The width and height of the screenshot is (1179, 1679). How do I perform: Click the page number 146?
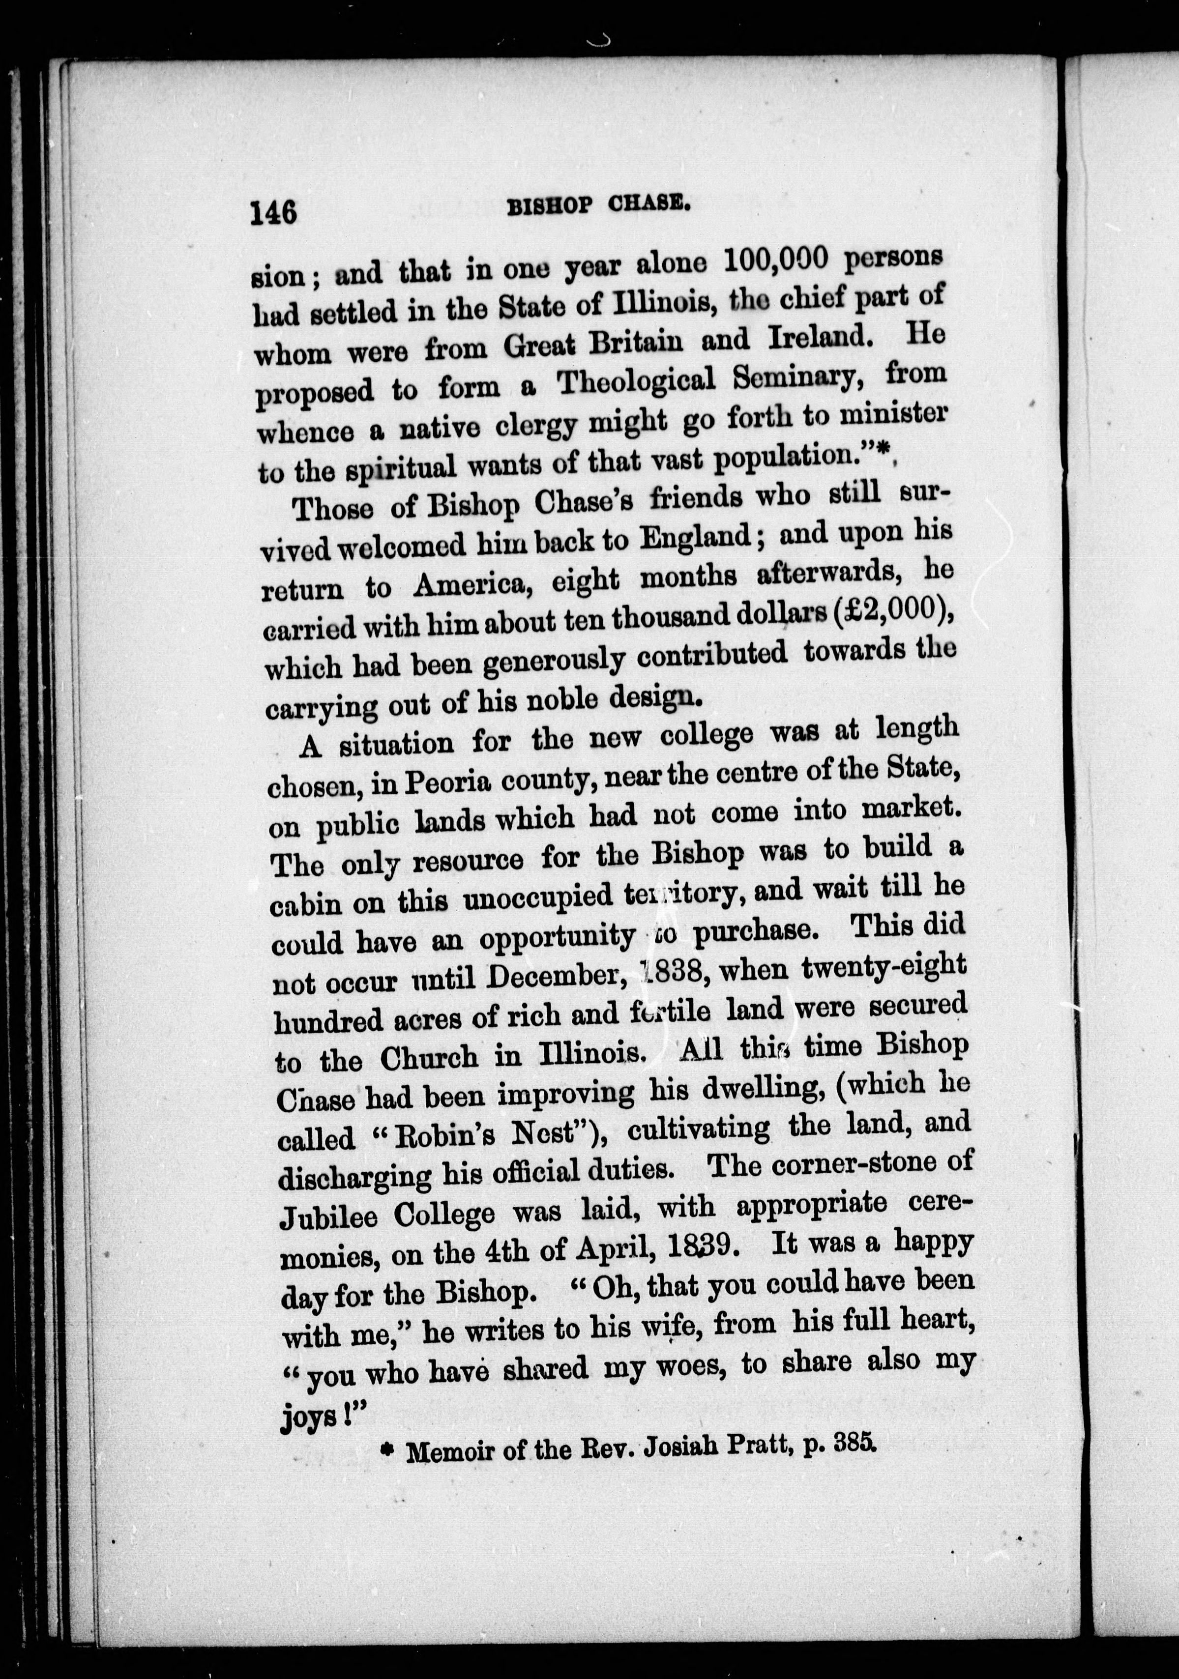point(273,213)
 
